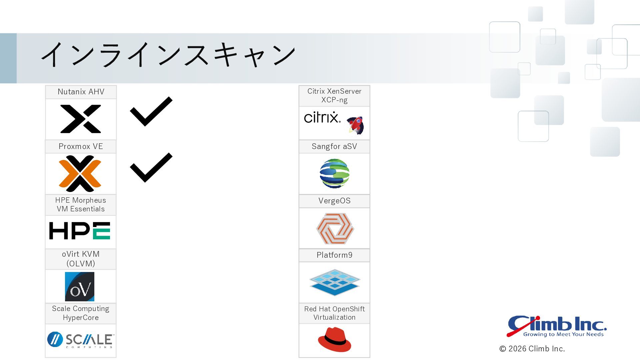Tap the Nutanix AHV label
(x=81, y=92)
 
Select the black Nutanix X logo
(x=81, y=119)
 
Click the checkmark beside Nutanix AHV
(x=151, y=111)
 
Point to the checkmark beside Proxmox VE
(x=151, y=168)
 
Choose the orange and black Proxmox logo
(x=80, y=174)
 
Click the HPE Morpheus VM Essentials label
(x=81, y=204)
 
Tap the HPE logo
(x=80, y=231)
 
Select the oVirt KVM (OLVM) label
(x=81, y=259)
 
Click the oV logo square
(x=80, y=287)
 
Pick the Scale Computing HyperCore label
(x=81, y=313)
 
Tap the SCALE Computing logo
(x=81, y=340)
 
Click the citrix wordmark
(x=322, y=117)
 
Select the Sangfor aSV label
(x=334, y=146)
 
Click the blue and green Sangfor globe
(x=334, y=173)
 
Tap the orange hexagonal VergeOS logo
(x=335, y=229)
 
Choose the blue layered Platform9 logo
(x=335, y=283)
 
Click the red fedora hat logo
(x=334, y=339)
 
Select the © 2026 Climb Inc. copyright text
(x=532, y=349)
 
